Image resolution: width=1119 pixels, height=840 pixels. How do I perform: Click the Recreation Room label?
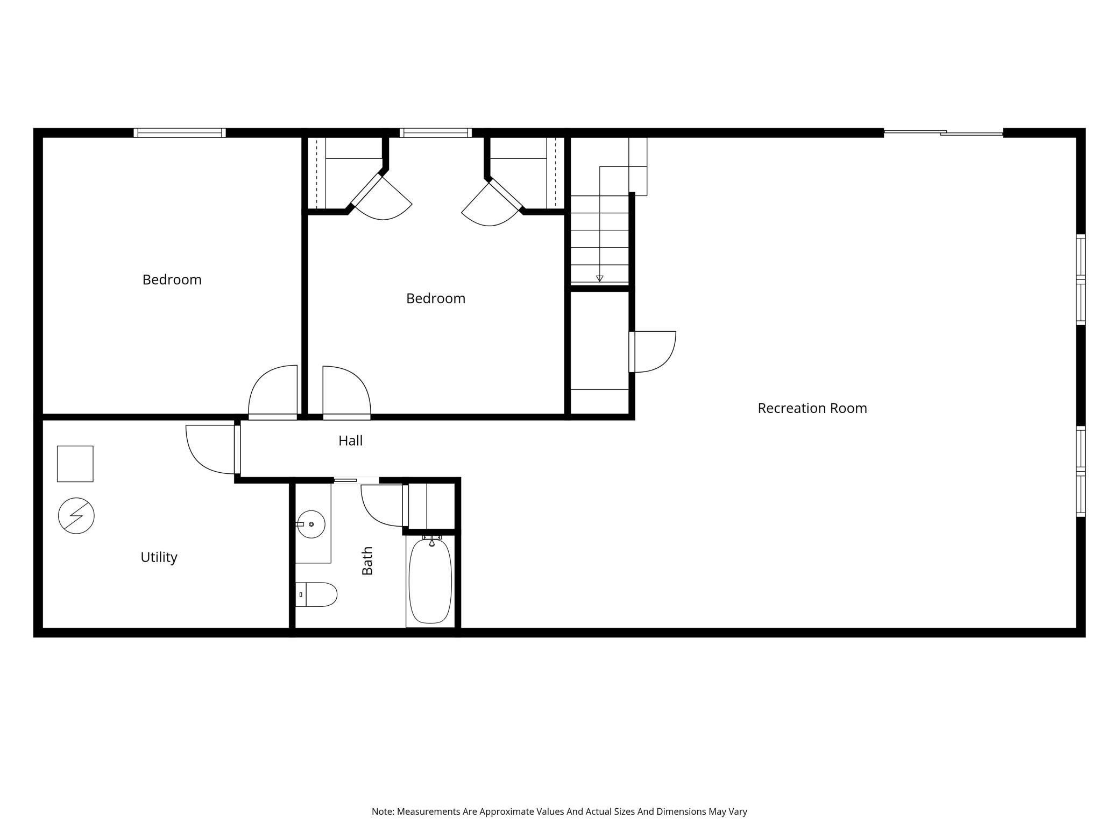tap(812, 408)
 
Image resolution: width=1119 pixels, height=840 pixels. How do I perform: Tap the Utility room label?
tap(159, 557)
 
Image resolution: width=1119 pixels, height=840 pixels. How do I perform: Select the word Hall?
tap(350, 440)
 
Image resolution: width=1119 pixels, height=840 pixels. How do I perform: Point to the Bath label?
tap(367, 561)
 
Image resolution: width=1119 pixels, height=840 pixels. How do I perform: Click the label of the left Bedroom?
tap(172, 279)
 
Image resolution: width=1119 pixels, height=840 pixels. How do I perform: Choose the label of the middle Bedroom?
tap(436, 298)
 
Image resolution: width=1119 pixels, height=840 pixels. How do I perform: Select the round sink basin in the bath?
tap(311, 524)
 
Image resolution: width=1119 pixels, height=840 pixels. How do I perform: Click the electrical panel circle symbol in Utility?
tap(76, 516)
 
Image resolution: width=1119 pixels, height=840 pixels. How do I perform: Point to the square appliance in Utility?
tap(75, 464)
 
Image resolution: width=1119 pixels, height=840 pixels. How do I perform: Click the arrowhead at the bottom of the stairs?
tap(599, 278)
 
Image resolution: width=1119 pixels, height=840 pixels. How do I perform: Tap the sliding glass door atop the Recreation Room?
tap(944, 132)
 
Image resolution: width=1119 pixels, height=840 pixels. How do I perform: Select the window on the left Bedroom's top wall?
tap(180, 133)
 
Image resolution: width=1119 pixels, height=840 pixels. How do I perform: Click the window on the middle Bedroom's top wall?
tap(436, 133)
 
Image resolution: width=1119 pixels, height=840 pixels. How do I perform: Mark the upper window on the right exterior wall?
tap(1081, 279)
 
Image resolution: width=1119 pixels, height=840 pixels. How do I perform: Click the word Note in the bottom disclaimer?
tap(382, 811)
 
